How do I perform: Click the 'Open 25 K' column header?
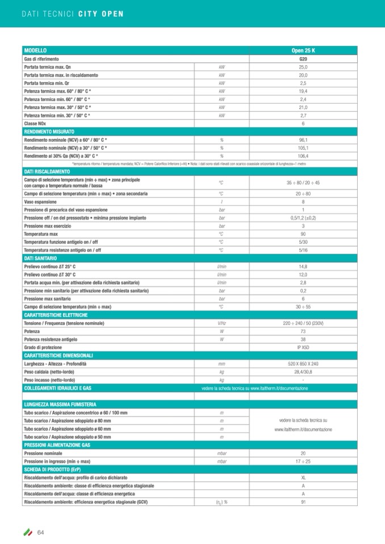point(303,50)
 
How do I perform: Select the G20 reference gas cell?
point(303,59)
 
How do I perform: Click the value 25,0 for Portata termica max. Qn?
point(303,67)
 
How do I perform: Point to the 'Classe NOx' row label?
point(35,123)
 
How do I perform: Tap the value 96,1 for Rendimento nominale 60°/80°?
point(303,140)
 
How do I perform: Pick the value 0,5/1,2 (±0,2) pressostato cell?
point(303,218)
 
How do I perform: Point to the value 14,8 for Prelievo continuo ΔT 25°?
point(303,266)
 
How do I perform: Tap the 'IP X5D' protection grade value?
point(303,347)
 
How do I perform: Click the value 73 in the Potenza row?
point(303,331)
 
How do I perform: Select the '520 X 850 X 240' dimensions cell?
point(303,363)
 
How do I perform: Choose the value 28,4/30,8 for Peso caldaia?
point(303,371)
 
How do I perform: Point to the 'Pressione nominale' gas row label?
point(43,453)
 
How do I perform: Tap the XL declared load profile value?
point(303,478)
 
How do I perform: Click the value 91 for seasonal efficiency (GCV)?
point(303,501)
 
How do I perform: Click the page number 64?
point(41,532)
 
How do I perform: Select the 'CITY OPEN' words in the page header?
point(100,13)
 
